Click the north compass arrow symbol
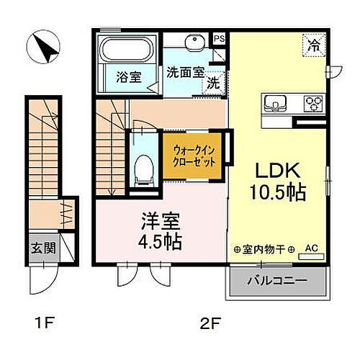tap(39, 48)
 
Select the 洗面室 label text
tap(184, 73)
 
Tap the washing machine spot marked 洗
tap(213, 82)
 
